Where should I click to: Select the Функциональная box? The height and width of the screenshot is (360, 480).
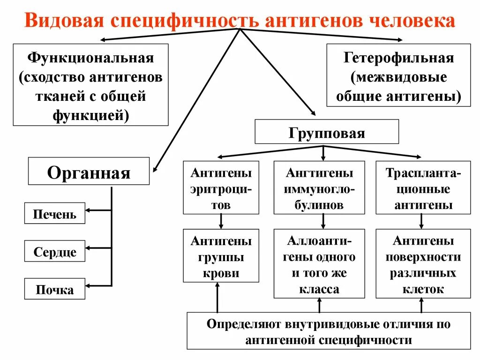(90, 84)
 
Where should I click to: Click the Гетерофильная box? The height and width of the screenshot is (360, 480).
(398, 75)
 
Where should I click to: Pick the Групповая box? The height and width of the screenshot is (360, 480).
(326, 132)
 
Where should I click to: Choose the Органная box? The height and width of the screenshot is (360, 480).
(89, 171)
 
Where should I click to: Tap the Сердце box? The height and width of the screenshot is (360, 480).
(54, 251)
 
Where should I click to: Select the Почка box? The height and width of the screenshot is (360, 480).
(54, 289)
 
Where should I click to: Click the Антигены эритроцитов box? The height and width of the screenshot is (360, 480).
(221, 187)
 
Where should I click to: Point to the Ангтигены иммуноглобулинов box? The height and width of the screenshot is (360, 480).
(319, 187)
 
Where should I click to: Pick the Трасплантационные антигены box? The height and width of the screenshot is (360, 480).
(423, 187)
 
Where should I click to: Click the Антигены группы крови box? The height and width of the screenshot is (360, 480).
(221, 255)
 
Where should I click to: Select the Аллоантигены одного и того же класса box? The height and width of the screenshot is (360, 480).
(319, 263)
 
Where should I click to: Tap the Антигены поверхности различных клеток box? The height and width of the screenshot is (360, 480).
(423, 263)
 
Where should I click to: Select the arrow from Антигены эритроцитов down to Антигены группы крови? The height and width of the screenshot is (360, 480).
(221, 221)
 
